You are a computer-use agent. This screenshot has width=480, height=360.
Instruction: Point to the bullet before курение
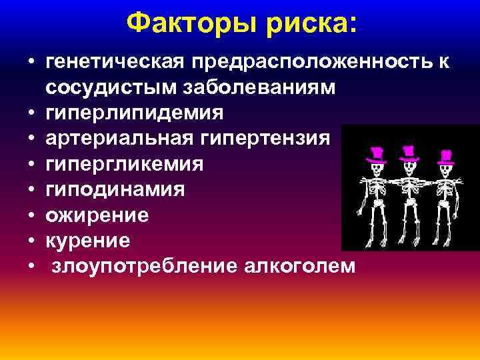[x=32, y=241]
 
